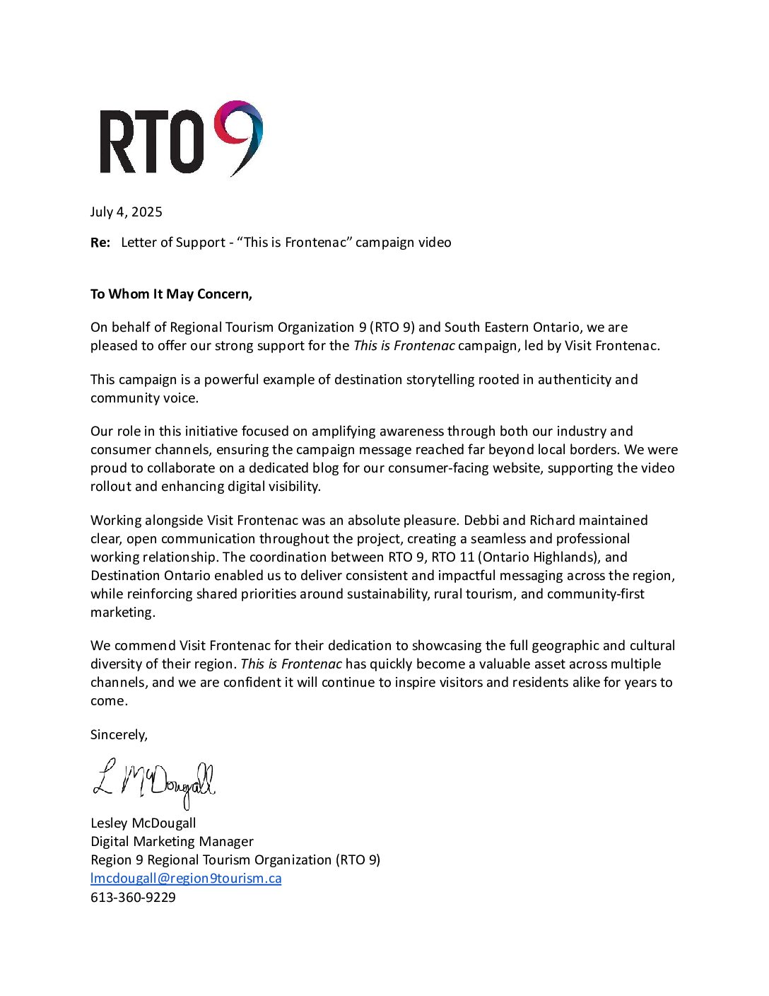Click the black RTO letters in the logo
click(x=151, y=142)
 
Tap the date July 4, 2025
click(x=127, y=212)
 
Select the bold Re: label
click(x=100, y=243)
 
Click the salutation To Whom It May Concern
click(x=171, y=294)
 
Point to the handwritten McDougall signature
click(x=154, y=782)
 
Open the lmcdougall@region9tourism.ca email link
click(x=186, y=879)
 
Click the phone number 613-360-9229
click(x=133, y=897)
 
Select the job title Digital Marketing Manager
click(x=172, y=842)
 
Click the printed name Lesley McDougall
click(x=143, y=823)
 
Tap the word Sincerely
click(x=119, y=735)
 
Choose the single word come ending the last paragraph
click(x=109, y=701)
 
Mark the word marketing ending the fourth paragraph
click(x=122, y=613)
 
